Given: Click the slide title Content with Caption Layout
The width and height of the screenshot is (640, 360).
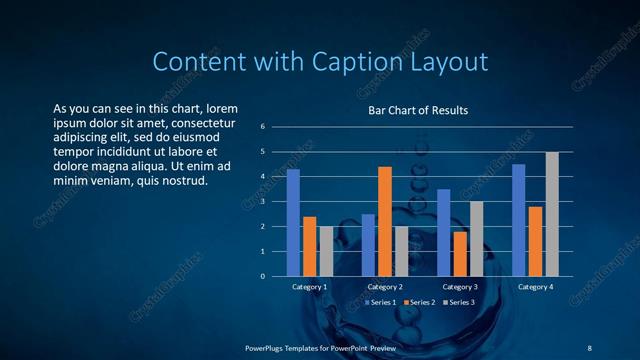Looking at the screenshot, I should pos(319,62).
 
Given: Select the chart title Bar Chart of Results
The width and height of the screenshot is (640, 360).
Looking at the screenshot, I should pos(418,110).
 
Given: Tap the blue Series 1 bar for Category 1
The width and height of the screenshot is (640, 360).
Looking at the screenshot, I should pos(293,222).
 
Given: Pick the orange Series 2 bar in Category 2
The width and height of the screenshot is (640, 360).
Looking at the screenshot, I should pos(385,221).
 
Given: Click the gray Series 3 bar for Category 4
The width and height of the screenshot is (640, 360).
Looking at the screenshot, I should pos(552,214).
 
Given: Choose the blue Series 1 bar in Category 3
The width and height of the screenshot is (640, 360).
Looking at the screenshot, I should pos(444,232).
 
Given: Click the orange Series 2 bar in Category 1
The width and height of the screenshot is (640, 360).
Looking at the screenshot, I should pos(310,246).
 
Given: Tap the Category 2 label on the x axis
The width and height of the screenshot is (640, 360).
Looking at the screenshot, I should pos(385,287).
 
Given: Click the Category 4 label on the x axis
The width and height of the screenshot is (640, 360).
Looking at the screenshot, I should pos(536,287).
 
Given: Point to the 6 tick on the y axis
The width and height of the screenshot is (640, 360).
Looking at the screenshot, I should pos(262,127).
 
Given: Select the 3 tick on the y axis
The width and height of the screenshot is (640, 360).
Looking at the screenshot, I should pos(262,201).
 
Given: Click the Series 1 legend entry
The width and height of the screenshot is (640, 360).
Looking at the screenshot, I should pos(383,302).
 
